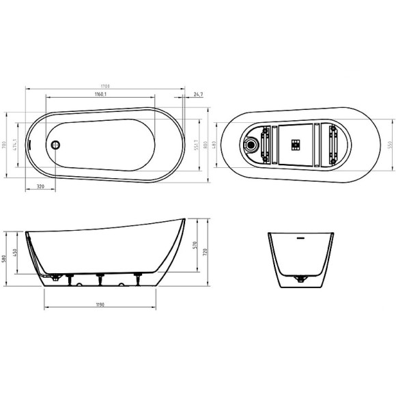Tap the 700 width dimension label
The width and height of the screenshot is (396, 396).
5,144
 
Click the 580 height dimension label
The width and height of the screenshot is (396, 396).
5,257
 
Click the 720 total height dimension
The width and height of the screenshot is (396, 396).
203,254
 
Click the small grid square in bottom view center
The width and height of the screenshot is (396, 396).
296,144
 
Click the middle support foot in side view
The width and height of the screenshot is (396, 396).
100,277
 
